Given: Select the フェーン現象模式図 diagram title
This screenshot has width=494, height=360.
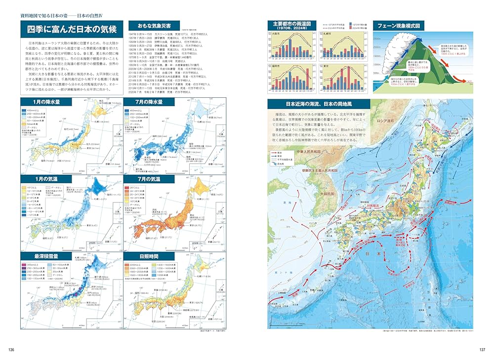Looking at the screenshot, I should click(398, 25).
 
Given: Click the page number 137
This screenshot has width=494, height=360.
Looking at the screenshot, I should click(482, 350).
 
